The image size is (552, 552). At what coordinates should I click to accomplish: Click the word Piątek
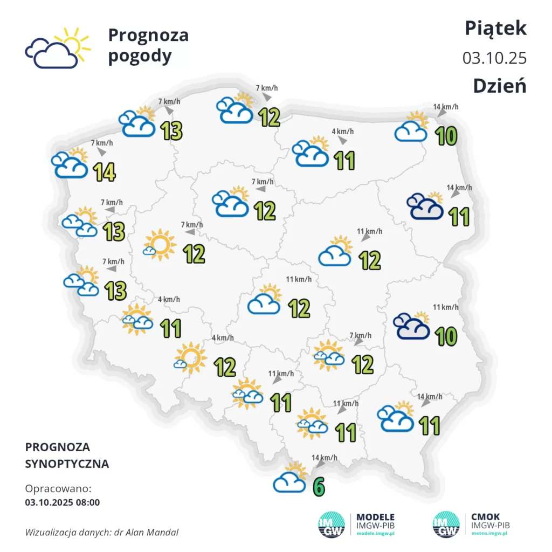[495, 29]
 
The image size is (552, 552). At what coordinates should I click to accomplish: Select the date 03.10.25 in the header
[494, 58]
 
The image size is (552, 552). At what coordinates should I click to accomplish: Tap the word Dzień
[499, 86]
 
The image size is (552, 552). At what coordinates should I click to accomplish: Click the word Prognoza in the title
[148, 36]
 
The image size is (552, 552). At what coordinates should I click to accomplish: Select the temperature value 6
[319, 486]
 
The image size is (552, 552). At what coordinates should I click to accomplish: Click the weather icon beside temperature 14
[70, 164]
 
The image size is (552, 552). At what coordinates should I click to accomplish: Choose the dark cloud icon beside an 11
[425, 208]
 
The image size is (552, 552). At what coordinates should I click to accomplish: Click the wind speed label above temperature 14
[102, 143]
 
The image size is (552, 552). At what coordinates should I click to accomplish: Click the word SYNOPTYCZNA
[67, 464]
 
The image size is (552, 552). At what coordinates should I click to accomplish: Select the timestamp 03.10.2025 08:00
[63, 502]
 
